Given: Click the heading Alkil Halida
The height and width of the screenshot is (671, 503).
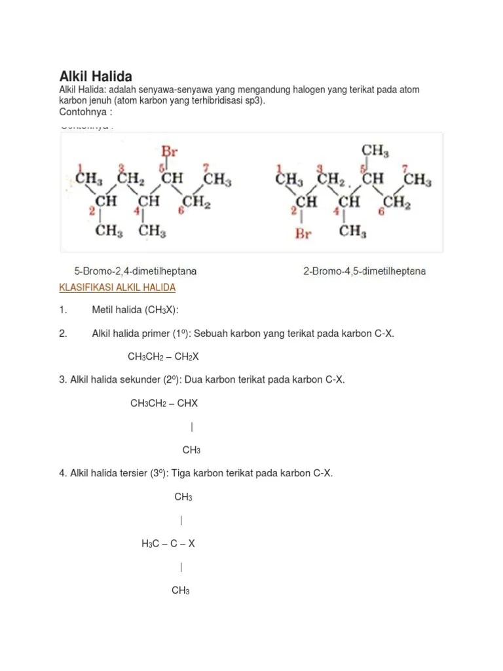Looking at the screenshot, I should tap(96, 76).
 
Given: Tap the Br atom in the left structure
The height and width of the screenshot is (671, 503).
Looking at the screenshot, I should tap(170, 152).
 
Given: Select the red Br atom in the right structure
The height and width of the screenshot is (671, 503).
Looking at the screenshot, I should tap(303, 233).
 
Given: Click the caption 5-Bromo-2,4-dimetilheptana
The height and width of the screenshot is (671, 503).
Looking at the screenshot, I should tap(135, 271).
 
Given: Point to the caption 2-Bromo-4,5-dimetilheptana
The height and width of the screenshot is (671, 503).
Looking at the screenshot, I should tap(364, 271).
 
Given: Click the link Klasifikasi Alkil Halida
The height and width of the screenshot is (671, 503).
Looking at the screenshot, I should tap(117, 288).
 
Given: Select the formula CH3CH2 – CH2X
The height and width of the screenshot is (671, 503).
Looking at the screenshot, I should tap(163, 356).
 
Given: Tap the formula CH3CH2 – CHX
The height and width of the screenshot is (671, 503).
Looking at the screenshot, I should tap(164, 403).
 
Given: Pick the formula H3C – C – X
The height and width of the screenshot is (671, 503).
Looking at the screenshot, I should tap(168, 543).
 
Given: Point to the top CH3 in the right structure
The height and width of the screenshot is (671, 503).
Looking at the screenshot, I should tap(375, 151).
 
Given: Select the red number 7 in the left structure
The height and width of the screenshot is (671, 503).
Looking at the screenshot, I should tap(206, 168).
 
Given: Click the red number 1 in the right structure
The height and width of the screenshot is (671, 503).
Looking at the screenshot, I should tap(280, 168).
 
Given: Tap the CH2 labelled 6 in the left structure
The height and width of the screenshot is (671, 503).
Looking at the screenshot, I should tap(196, 203).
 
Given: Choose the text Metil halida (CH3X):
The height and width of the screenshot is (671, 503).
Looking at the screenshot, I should tap(135, 310).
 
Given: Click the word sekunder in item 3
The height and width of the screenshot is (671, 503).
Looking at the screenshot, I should tap(148, 379).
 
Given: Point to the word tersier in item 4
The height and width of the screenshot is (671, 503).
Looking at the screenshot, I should tap(147, 473).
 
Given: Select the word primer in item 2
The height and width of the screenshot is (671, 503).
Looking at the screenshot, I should tap(155, 334).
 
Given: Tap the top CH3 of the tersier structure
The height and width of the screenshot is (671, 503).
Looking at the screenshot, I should tap(183, 497).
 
